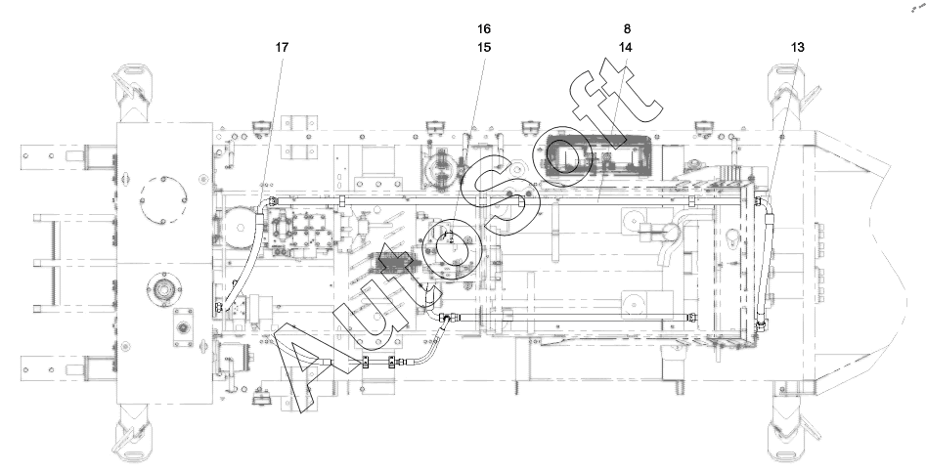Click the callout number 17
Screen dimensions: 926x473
(282, 47)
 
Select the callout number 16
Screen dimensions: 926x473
(484, 29)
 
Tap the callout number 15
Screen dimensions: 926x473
(484, 47)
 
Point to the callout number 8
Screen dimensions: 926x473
(627, 29)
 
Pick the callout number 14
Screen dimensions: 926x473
(626, 47)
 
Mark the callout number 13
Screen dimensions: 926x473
(797, 47)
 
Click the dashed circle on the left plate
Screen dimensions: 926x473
(163, 199)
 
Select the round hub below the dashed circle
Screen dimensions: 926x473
(163, 289)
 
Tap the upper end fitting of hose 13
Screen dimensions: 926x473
(760, 202)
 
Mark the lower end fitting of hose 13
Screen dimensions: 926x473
(761, 323)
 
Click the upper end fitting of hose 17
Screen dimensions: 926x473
(271, 201)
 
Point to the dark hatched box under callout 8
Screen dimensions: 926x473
(597, 156)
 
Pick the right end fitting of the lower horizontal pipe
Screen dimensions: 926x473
(691, 318)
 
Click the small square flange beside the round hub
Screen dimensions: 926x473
(183, 327)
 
